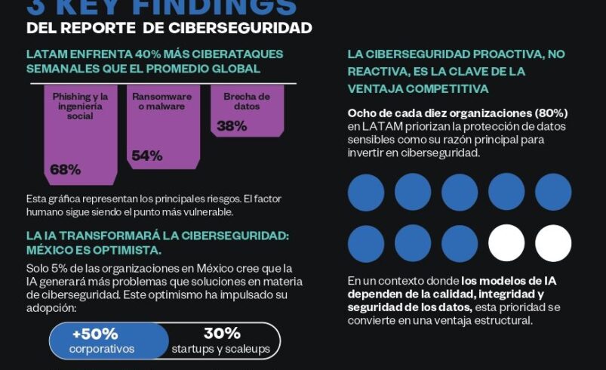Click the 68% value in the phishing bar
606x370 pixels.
pyautogui.click(x=65, y=169)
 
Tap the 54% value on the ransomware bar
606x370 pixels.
pyautogui.click(x=146, y=156)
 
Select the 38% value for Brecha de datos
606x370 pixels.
pyautogui.click(x=232, y=126)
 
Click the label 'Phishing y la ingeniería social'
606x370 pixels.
pyautogui.click(x=80, y=106)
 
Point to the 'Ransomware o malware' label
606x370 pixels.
pyautogui.click(x=161, y=102)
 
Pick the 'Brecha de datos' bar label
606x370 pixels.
pyautogui.click(x=246, y=102)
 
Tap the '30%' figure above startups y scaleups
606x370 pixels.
pyautogui.click(x=222, y=333)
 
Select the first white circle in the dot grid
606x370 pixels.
pyautogui.click(x=506, y=243)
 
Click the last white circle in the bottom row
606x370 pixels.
pyautogui.click(x=553, y=243)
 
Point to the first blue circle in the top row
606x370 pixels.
pyautogui.click(x=366, y=192)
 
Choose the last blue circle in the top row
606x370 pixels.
pyautogui.click(x=553, y=192)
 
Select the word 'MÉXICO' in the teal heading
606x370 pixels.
pyautogui.click(x=52, y=249)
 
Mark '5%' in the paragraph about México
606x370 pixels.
pyautogui.click(x=61, y=269)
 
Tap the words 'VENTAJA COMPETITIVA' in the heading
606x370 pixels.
pyautogui.click(x=418, y=88)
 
